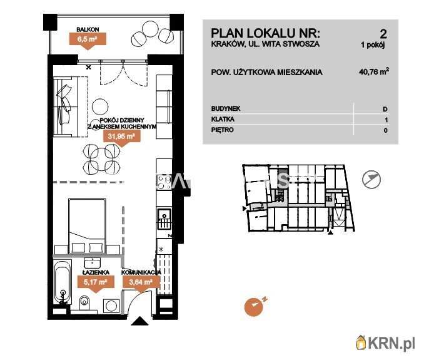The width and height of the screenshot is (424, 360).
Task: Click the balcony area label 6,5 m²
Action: (87, 39)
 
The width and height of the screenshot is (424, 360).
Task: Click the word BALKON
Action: (87, 29)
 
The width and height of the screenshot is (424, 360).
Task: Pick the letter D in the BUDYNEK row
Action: (385, 109)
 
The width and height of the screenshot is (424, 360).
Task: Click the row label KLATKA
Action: (223, 120)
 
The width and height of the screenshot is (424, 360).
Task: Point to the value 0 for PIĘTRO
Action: (385, 130)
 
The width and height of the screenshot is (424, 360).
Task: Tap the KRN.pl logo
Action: (385, 342)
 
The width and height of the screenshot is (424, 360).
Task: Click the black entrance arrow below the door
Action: (141, 322)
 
